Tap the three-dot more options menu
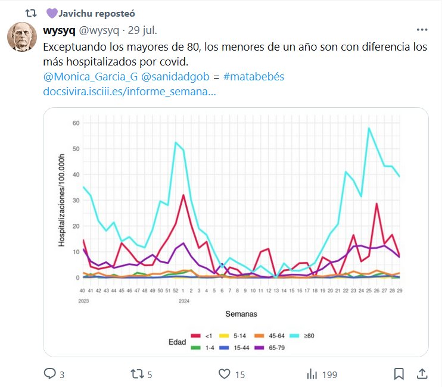tap(422, 30)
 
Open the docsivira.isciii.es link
tap(129, 92)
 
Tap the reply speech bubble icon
tap(49, 374)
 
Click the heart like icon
tap(224, 374)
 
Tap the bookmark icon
tap(399, 374)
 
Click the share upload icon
tap(422, 374)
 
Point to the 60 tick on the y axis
tap(76, 123)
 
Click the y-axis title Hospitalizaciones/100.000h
tap(61, 200)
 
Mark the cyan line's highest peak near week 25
tap(369, 128)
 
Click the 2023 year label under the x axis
tap(83, 301)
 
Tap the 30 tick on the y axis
tap(76, 201)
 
